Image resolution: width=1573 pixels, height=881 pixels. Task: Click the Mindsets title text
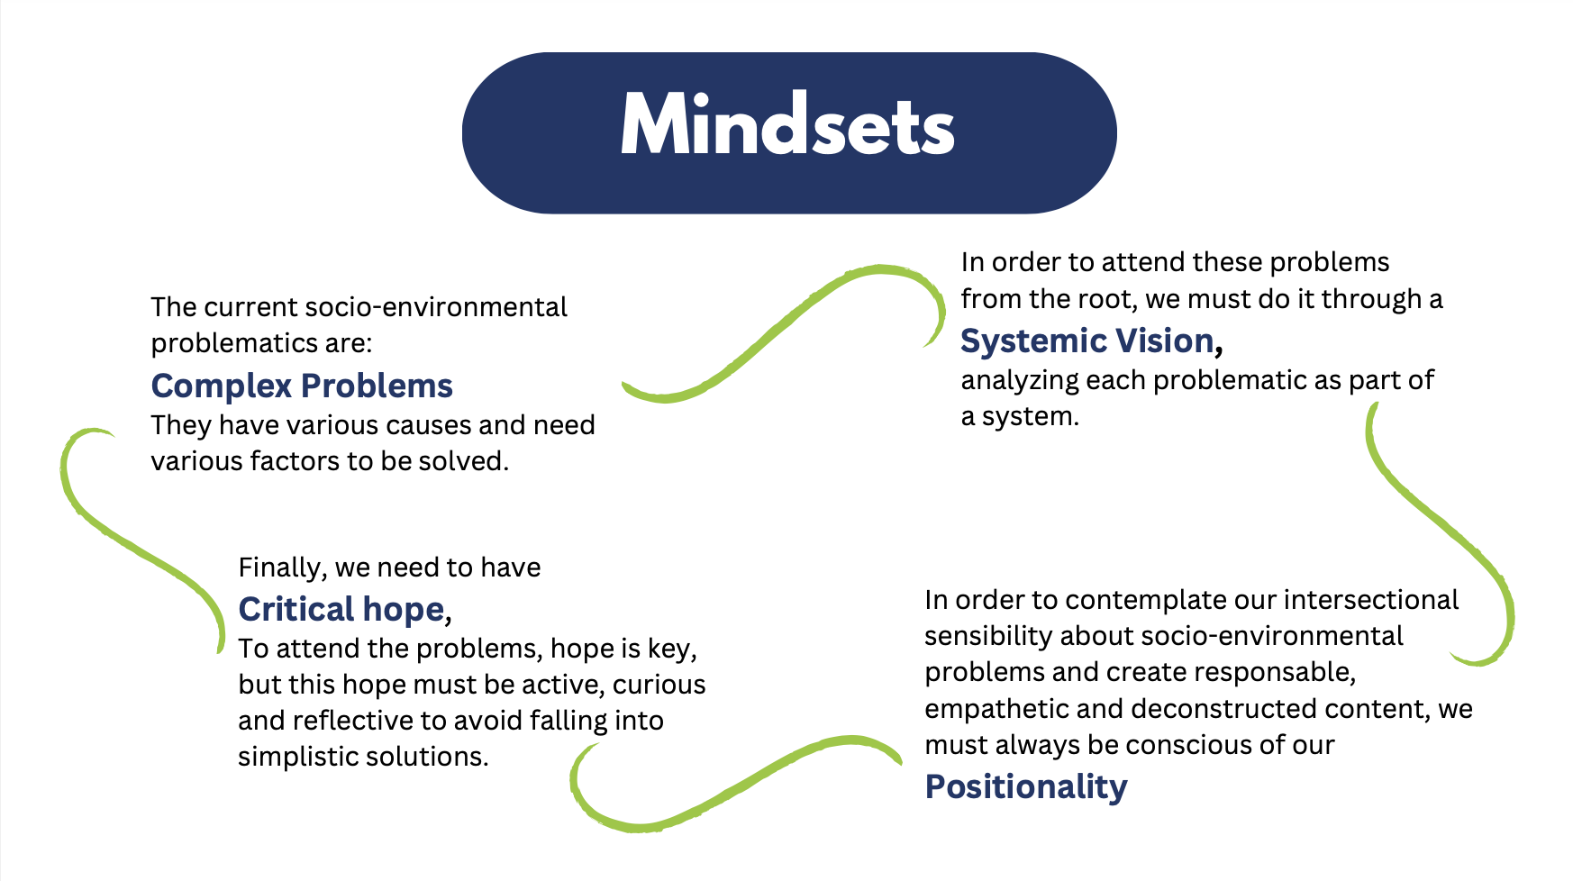(787, 127)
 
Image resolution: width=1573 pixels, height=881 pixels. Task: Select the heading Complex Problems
(302, 386)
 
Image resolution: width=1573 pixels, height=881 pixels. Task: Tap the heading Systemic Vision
(1087, 341)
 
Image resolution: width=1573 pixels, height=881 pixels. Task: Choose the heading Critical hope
(341, 609)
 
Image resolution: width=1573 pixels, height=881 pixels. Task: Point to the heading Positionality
(1026, 786)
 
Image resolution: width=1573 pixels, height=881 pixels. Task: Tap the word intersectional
(1370, 600)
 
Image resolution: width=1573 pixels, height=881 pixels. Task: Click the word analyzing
(1019, 381)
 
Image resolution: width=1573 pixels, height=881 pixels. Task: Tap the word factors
(295, 461)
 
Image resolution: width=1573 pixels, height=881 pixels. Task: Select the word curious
(659, 685)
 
